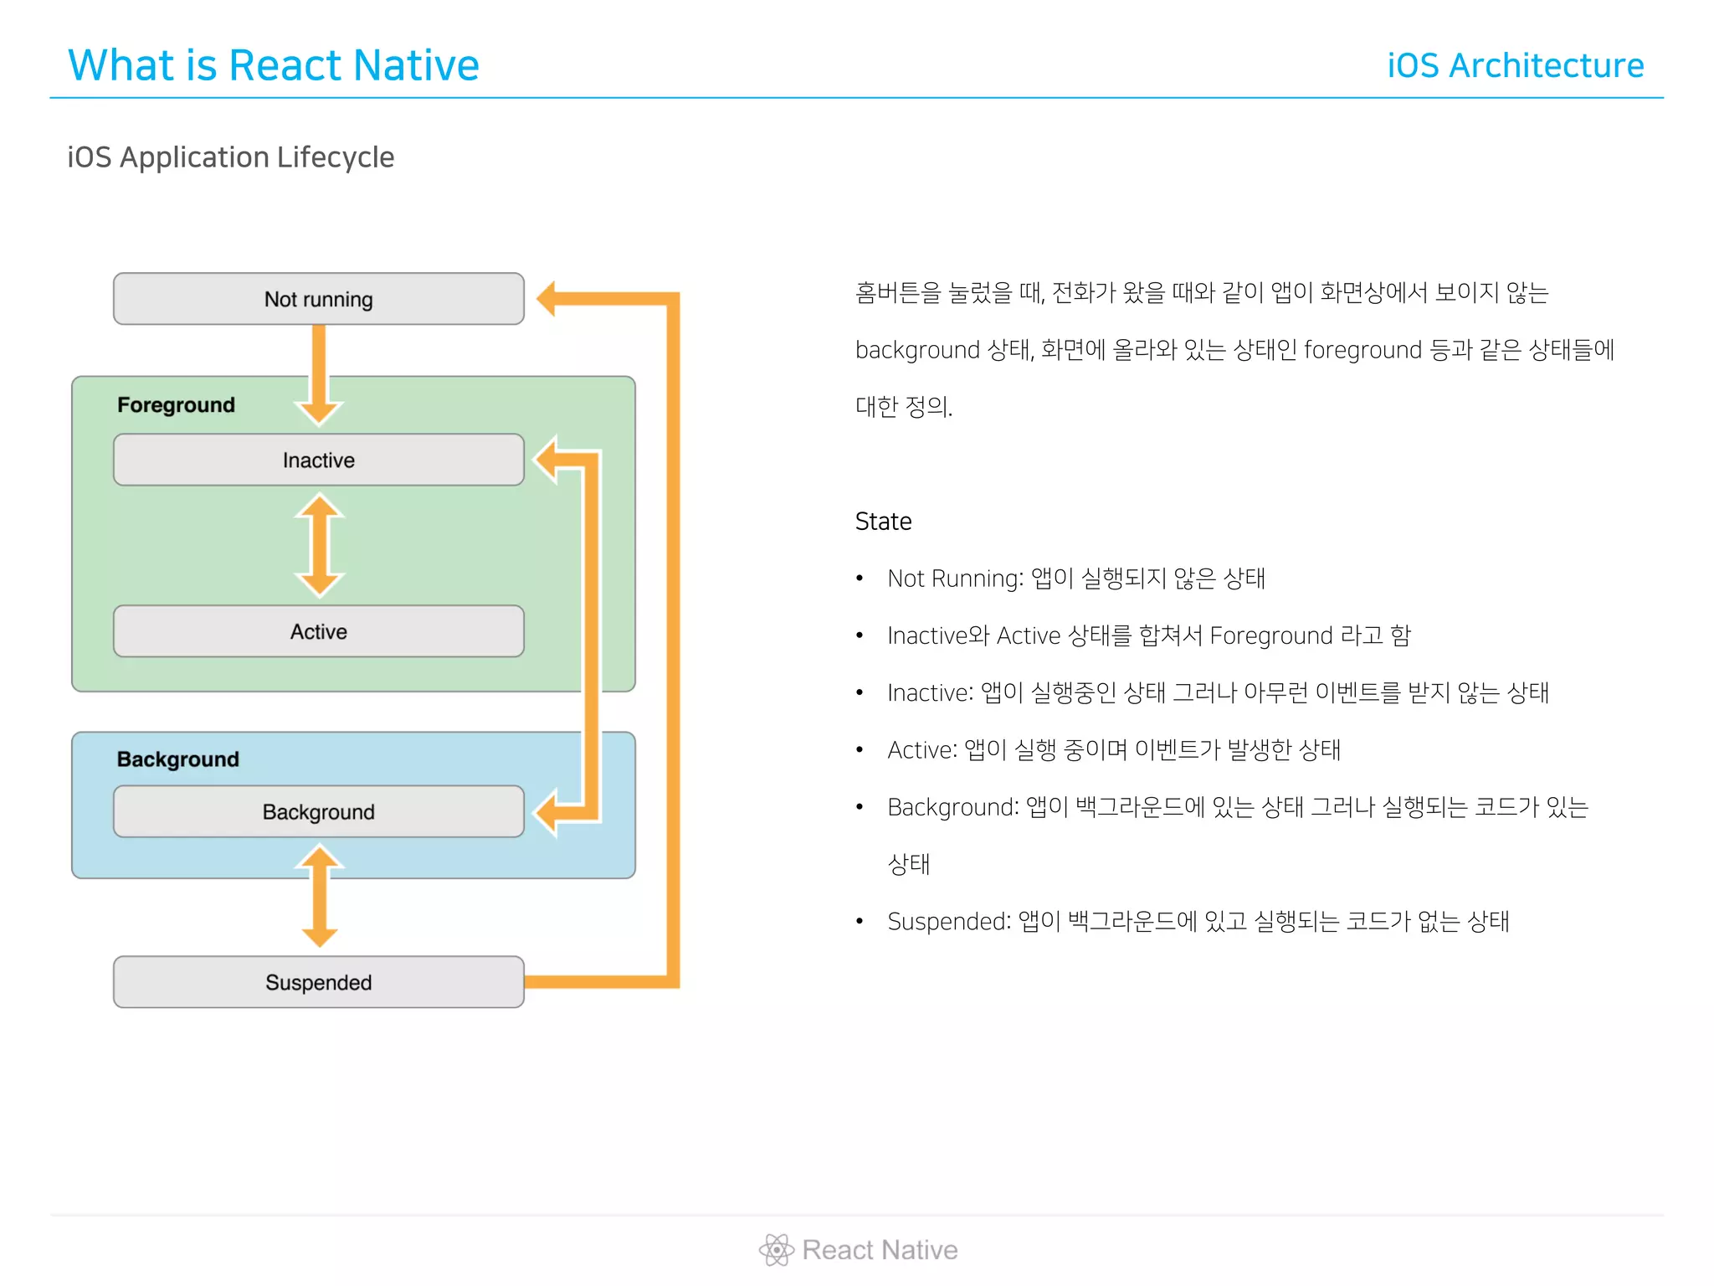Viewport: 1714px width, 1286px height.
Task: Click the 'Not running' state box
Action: tap(318, 299)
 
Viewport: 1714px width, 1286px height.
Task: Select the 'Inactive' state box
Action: tap(318, 460)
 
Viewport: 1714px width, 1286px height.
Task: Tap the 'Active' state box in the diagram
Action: tap(318, 631)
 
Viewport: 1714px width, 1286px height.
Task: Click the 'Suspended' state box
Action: tap(318, 982)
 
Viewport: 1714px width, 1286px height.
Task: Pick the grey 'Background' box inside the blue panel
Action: tap(318, 811)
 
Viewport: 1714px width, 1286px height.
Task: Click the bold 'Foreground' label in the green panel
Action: tap(176, 405)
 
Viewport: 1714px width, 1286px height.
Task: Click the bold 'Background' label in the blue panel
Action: tap(177, 759)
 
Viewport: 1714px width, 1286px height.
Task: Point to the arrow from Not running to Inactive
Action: tap(319, 373)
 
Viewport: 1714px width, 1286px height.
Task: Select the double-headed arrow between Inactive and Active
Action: tap(319, 545)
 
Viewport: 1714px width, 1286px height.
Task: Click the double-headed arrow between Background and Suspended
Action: tap(319, 896)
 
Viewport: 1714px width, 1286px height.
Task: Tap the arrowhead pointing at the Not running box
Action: tap(548, 299)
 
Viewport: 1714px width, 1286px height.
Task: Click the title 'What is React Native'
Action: tap(273, 65)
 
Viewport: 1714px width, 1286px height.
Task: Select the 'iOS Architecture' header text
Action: tap(1515, 65)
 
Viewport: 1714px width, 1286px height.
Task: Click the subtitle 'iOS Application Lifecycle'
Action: tap(230, 157)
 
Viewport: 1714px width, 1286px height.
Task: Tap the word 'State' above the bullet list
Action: tap(883, 522)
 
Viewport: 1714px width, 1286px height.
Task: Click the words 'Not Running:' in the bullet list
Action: tap(955, 579)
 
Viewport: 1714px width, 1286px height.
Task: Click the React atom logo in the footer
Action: tap(776, 1250)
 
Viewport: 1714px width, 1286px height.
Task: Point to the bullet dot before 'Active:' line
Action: tap(860, 750)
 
